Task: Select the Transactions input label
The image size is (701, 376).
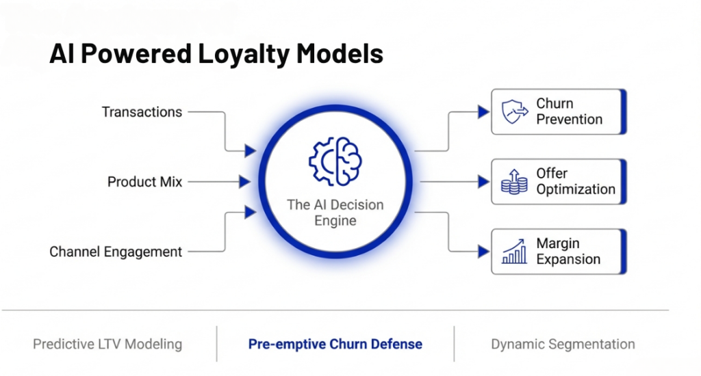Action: (x=142, y=111)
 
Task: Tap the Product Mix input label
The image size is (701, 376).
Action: (x=145, y=182)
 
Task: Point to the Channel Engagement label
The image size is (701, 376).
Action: (x=116, y=252)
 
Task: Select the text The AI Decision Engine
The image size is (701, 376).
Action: (x=335, y=213)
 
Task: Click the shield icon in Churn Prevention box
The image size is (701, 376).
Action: (x=514, y=111)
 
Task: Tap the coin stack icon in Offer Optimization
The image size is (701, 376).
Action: (x=514, y=183)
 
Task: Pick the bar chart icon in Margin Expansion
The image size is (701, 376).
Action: (x=514, y=252)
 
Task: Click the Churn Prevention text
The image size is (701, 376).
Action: (x=569, y=111)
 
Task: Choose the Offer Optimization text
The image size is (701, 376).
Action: (x=575, y=182)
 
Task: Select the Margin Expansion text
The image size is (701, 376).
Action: (x=568, y=252)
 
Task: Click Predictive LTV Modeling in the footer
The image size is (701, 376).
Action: (x=107, y=344)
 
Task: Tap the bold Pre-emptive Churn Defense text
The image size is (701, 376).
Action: (x=335, y=344)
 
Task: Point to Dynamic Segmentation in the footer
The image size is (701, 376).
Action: (x=563, y=344)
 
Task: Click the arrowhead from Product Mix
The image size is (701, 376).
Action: (x=244, y=182)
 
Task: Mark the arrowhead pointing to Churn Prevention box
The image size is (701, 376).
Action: (x=483, y=111)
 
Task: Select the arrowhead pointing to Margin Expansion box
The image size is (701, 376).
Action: (x=483, y=252)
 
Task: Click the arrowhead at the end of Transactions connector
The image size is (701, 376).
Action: (x=250, y=150)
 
